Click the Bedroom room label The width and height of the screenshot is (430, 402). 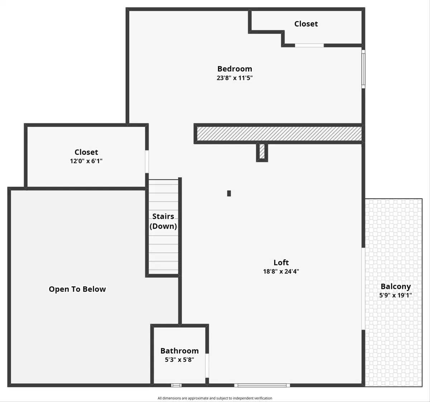(235, 69)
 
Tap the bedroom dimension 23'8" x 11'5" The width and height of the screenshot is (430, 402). (235, 78)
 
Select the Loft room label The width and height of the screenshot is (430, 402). (281, 262)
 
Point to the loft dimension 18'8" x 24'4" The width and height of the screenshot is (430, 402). (281, 271)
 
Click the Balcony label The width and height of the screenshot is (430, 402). (396, 286)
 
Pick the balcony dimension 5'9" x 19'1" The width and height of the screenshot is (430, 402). (396, 295)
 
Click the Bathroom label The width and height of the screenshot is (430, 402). (180, 351)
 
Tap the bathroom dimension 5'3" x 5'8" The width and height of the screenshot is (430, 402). (180, 360)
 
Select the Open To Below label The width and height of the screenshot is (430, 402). (77, 289)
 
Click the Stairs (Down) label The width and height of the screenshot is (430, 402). (163, 221)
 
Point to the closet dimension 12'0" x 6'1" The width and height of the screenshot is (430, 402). (86, 161)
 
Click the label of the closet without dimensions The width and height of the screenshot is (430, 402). (306, 24)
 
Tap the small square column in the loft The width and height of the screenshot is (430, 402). (229, 193)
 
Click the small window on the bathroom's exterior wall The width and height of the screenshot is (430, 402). (176, 385)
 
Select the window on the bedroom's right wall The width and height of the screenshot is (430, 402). (363, 69)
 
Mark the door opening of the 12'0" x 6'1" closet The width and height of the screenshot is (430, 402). (147, 162)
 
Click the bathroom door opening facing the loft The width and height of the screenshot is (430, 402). (207, 365)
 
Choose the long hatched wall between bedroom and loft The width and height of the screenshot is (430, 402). (279, 134)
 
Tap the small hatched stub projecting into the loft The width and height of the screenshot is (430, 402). (262, 151)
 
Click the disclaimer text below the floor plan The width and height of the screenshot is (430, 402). (215, 398)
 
